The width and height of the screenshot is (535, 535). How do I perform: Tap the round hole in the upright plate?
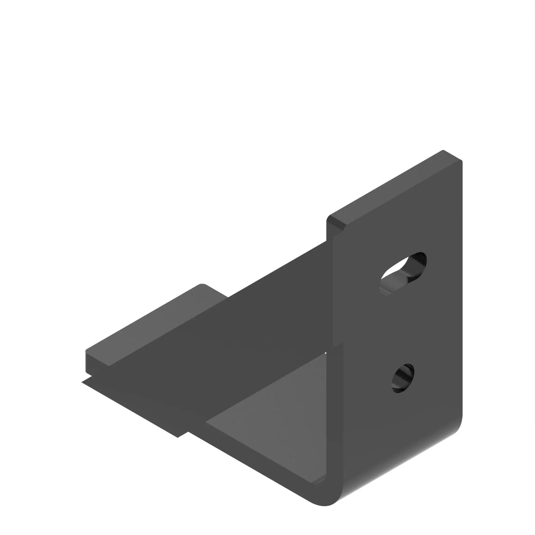(403, 378)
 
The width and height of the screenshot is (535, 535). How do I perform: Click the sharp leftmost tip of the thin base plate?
(82, 382)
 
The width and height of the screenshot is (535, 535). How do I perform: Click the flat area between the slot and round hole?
(402, 327)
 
